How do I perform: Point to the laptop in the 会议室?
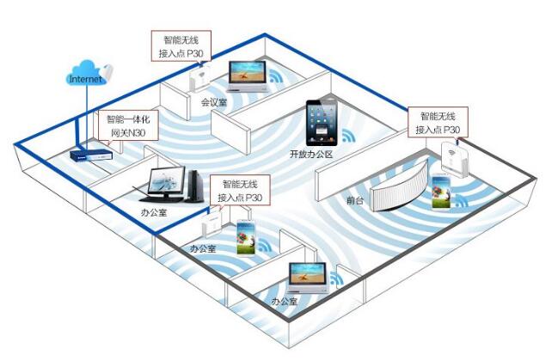point(248,75)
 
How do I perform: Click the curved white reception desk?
point(397,185)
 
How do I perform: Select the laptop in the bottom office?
point(307,277)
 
